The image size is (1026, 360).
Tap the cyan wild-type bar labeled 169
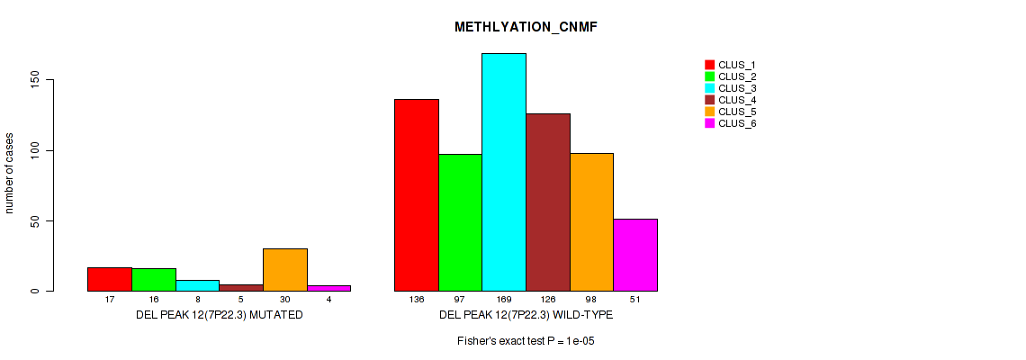coord(504,172)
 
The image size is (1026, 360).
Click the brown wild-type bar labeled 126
coord(548,202)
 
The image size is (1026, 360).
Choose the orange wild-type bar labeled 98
coord(591,221)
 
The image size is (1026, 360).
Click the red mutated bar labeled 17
coord(110,279)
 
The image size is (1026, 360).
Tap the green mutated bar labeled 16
coord(154,279)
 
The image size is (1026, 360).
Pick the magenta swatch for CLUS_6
coord(709,123)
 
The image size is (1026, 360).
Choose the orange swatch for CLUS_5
coord(709,112)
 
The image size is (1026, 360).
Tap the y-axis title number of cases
coord(10,173)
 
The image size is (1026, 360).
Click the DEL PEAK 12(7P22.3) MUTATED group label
coord(219,315)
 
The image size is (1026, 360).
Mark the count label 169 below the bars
coord(504,299)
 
